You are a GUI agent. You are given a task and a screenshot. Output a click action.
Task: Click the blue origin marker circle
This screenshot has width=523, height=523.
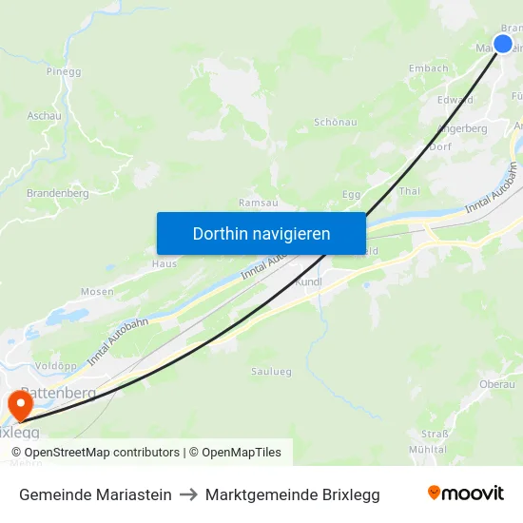503,44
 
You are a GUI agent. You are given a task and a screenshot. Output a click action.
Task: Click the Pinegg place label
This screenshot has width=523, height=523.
64,70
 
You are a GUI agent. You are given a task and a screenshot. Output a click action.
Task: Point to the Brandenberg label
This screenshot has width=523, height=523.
57,193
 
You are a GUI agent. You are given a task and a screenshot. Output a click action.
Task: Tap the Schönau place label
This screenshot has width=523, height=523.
336,123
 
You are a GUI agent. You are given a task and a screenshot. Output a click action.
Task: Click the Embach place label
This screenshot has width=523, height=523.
428,68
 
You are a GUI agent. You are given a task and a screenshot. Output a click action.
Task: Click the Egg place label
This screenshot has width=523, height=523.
351,194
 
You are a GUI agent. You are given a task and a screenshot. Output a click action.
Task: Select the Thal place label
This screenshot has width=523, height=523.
410,190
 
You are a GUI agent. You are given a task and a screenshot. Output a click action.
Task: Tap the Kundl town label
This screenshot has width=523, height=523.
309,282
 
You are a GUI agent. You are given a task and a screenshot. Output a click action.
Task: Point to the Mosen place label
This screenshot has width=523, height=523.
97,292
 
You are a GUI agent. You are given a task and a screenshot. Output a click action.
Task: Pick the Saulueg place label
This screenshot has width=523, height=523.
271,371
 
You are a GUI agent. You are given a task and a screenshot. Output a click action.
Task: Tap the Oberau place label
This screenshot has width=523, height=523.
497,384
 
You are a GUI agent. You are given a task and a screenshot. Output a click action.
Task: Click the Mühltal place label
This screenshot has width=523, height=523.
427,449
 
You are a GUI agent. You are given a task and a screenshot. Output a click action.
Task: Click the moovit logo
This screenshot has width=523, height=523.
465,494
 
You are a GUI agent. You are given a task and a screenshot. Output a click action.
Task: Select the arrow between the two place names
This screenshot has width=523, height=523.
188,494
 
